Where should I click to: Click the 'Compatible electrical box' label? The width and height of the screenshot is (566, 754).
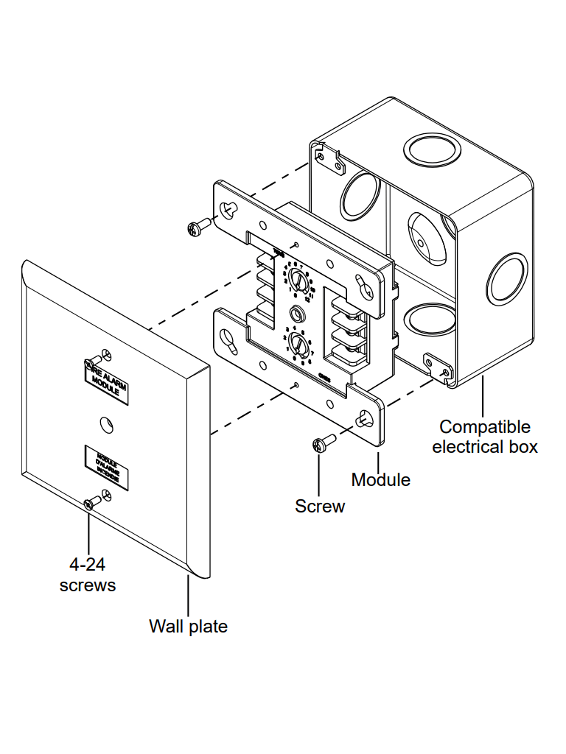pyautogui.click(x=485, y=437)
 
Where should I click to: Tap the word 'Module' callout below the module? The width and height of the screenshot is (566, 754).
pyautogui.click(x=380, y=480)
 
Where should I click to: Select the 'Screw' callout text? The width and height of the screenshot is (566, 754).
pyautogui.click(x=320, y=506)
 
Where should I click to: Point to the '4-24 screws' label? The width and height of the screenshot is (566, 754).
pyautogui.click(x=88, y=575)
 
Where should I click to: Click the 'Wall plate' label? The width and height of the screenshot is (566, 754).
pyautogui.click(x=188, y=627)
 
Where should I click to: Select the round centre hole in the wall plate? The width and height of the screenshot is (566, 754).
pyautogui.click(x=105, y=423)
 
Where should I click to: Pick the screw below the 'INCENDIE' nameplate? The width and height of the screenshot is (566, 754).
pyautogui.click(x=92, y=502)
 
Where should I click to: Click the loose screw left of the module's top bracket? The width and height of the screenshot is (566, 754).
pyautogui.click(x=197, y=228)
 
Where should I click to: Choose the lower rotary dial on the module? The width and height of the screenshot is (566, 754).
pyautogui.click(x=297, y=343)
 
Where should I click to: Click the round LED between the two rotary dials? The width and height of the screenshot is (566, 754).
pyautogui.click(x=298, y=312)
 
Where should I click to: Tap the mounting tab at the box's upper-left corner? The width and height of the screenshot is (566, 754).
pyautogui.click(x=328, y=159)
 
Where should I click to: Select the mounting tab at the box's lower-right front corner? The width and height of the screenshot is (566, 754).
pyautogui.click(x=438, y=365)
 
